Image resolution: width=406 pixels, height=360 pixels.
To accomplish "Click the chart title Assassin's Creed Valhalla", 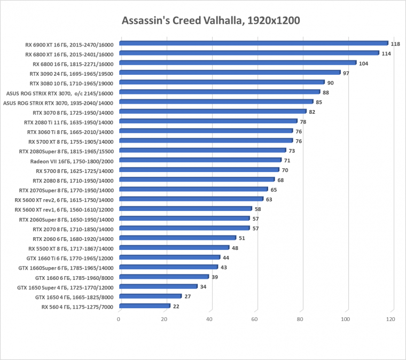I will click(x=211, y=21).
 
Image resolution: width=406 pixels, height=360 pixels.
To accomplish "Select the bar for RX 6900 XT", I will click(x=253, y=43).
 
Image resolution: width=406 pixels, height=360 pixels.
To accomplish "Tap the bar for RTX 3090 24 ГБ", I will click(x=230, y=73).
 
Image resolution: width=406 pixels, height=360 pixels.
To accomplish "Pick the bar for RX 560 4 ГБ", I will click(x=145, y=306).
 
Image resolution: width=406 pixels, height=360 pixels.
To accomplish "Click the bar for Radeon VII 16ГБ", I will click(x=200, y=160).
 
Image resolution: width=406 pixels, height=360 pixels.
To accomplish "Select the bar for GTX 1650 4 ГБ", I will click(x=151, y=296).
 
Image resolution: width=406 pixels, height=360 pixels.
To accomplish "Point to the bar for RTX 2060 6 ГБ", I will click(x=177, y=238).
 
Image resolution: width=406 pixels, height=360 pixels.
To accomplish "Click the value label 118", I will click(x=395, y=44).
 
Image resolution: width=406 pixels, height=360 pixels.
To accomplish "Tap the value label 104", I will click(x=363, y=63).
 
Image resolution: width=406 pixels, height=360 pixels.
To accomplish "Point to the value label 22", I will click(x=176, y=307).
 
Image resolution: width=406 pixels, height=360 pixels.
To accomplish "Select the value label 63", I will click(x=269, y=199).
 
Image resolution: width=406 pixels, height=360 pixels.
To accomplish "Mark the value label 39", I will click(x=214, y=277).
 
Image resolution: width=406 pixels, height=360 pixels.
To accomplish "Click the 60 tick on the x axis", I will click(x=257, y=319).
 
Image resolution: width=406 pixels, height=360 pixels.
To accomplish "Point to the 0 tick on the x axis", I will click(x=119, y=319).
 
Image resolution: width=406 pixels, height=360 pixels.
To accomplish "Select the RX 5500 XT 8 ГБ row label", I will click(x=71, y=248).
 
